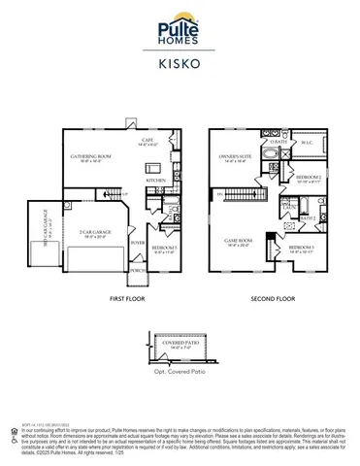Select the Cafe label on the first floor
[x=147, y=141]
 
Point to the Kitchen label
[x=155, y=180]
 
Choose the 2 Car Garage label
[x=93, y=232]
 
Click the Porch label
[x=138, y=270]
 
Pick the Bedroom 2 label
[x=309, y=178]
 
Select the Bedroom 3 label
[x=301, y=249]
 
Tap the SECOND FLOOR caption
[x=274, y=302]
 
